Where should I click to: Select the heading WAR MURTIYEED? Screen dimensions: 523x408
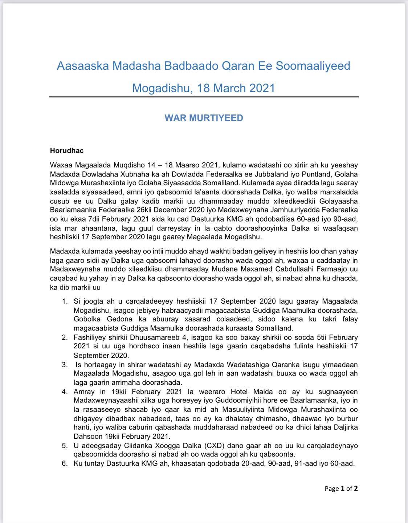(204, 118)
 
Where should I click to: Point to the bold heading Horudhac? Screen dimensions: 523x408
(67, 150)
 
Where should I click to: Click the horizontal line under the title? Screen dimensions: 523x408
(204, 97)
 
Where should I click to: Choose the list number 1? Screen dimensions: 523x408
(65, 301)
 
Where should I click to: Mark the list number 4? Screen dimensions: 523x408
(65, 392)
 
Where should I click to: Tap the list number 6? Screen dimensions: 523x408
(65, 463)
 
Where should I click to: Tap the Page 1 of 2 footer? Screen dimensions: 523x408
(341, 488)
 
